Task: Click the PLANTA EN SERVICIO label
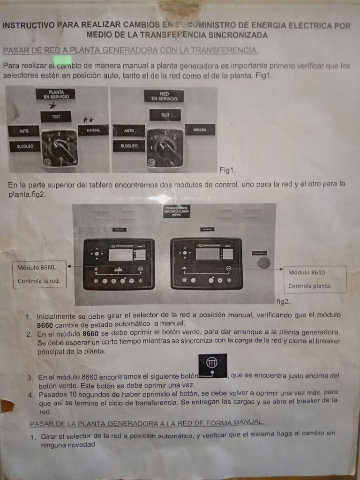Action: [55, 94]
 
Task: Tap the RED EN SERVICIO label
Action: [164, 96]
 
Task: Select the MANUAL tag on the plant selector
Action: [93, 130]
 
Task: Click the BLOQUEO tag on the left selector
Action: [25, 146]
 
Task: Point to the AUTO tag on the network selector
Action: [129, 130]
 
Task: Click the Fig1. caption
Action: [227, 170]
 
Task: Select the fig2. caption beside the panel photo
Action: [284, 301]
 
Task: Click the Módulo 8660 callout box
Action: [39, 274]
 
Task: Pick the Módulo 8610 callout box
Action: [315, 279]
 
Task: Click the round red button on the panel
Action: [264, 262]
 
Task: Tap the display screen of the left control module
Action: [120, 255]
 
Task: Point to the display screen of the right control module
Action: [208, 254]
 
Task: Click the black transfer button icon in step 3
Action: [213, 365]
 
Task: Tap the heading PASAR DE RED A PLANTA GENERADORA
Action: [130, 50]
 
